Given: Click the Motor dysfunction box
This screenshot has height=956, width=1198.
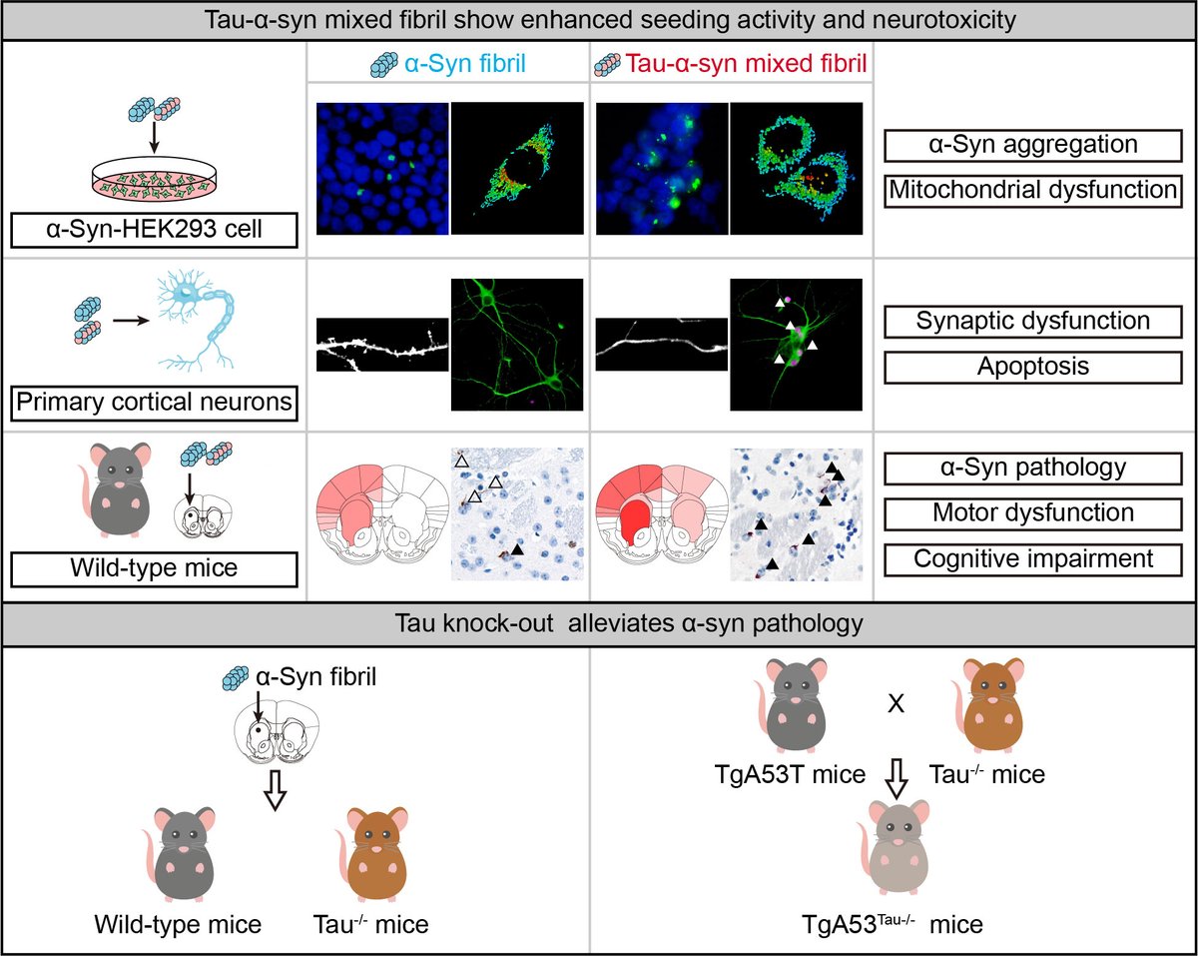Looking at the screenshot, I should [1032, 512].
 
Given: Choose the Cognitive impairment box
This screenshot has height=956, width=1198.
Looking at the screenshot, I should [1032, 557].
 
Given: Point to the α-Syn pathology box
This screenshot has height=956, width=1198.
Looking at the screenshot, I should [1032, 468].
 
